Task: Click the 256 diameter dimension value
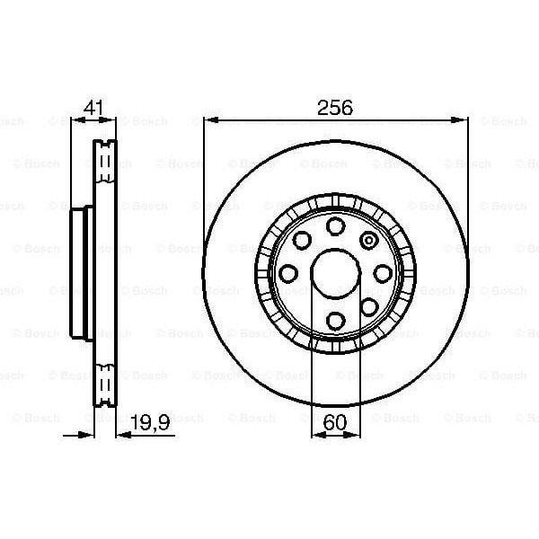coord(335,107)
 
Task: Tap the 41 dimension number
coord(93,107)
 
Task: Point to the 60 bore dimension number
coord(335,421)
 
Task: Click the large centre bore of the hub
coord(334,272)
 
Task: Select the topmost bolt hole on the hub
coord(334,225)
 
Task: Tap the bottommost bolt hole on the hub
coord(334,320)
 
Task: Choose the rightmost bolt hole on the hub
coord(382,273)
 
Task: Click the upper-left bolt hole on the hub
coord(301,240)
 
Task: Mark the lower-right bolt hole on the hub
coord(367,306)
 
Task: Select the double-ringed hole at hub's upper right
coord(368,240)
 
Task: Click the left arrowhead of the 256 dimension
coord(209,119)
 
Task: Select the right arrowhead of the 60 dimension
coord(353,435)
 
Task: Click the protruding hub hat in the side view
coord(80,273)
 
